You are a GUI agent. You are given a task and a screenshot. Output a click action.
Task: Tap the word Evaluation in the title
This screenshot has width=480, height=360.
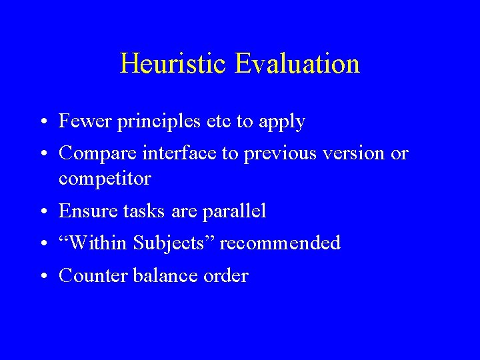[297, 64]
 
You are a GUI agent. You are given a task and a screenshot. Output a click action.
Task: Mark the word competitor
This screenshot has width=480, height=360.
[105, 179]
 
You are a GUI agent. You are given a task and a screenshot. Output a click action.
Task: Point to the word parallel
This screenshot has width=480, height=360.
[234, 212]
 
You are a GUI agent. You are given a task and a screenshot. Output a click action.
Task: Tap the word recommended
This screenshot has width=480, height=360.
[280, 243]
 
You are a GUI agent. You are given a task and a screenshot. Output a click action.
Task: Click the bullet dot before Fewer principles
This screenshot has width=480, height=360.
[43, 123]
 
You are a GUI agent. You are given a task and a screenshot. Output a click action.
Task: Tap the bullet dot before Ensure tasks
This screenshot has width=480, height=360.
[43, 213]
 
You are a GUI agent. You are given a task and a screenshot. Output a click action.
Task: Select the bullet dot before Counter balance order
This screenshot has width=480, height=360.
[43, 277]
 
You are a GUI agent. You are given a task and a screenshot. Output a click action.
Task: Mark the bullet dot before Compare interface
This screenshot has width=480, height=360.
[43, 155]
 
